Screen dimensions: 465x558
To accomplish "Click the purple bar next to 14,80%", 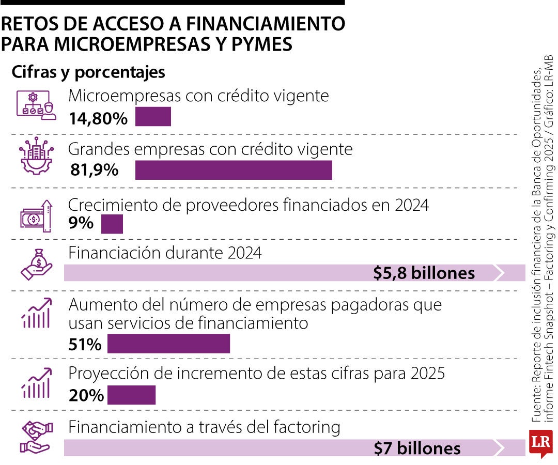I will point(153,117).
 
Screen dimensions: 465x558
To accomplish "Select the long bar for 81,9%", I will point(234,170).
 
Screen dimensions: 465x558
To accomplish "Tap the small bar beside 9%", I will point(112,224).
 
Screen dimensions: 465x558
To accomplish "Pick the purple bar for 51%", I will point(168,344).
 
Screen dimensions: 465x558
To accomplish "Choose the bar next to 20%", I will point(131,395).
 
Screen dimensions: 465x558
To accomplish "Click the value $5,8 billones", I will point(424,273).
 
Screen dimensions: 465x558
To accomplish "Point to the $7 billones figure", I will point(417,447).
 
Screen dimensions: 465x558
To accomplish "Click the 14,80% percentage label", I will point(98,119).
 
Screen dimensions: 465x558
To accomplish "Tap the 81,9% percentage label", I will point(94,169).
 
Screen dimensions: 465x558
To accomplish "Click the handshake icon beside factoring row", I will point(36,437).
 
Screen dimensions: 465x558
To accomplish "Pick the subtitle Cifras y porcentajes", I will point(88,72).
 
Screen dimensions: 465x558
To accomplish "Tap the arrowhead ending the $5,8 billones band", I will point(499,273).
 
